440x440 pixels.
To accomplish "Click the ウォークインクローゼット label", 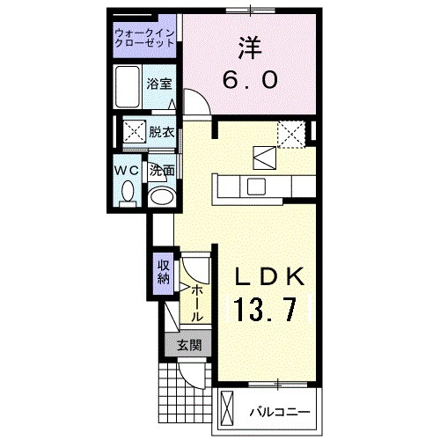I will (145, 40).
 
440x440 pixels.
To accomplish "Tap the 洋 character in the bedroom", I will (250, 45).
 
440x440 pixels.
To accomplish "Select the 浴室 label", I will (160, 86).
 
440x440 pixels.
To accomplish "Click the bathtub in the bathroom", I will (130, 86).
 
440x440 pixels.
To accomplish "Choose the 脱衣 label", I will (161, 133).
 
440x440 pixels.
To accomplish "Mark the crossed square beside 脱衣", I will (135, 133).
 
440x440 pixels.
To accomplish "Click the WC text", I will (126, 170).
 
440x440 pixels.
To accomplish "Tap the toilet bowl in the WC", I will (127, 190).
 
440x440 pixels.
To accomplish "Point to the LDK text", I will (270, 276).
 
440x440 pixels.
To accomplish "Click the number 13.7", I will (270, 309).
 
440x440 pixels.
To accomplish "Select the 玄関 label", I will (187, 345).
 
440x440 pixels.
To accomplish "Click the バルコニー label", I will (278, 411).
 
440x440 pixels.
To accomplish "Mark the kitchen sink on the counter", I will (256, 186).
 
